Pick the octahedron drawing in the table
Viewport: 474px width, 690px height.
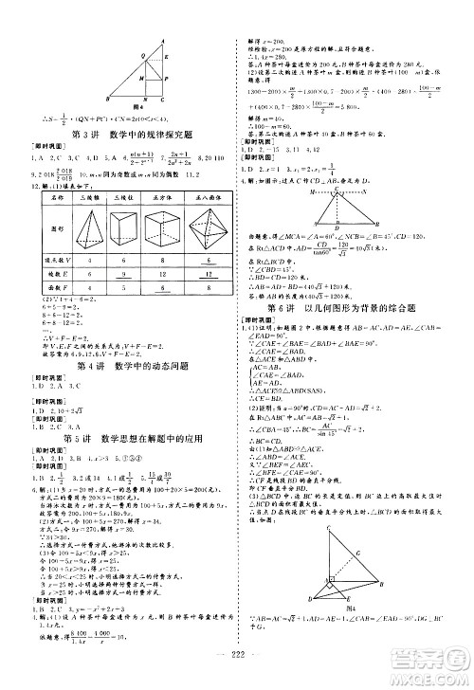tap(208, 231)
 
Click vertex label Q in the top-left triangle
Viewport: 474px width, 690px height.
tap(143, 55)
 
